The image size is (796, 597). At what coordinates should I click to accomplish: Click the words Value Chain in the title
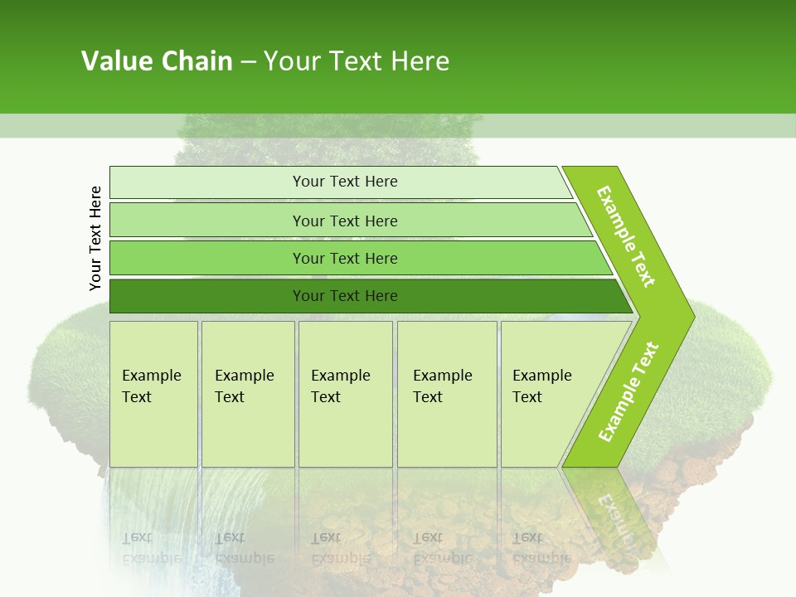(157, 61)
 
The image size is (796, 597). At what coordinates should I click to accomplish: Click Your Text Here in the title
(357, 61)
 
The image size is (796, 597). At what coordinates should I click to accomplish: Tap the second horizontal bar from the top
(344, 221)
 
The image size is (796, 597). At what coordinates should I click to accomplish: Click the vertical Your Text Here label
(95, 238)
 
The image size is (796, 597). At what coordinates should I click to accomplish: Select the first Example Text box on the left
(153, 393)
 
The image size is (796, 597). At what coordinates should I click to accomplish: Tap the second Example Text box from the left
(247, 393)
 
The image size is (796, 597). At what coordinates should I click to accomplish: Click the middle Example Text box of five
(345, 393)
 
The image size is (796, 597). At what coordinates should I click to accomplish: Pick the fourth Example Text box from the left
(446, 393)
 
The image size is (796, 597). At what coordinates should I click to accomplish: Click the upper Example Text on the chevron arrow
(626, 236)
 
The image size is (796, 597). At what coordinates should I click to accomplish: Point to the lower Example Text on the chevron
(629, 391)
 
